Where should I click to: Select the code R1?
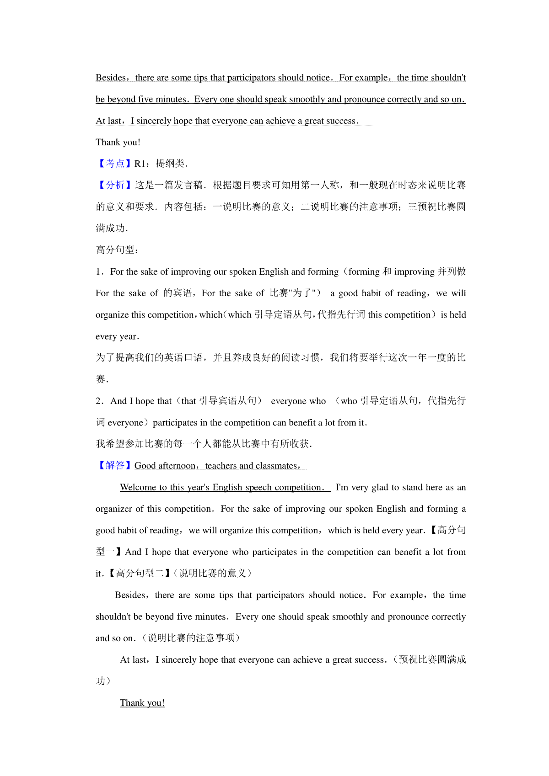point(140,164)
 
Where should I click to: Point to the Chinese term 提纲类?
point(170,164)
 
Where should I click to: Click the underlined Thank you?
point(142,703)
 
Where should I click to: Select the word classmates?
point(276,466)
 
